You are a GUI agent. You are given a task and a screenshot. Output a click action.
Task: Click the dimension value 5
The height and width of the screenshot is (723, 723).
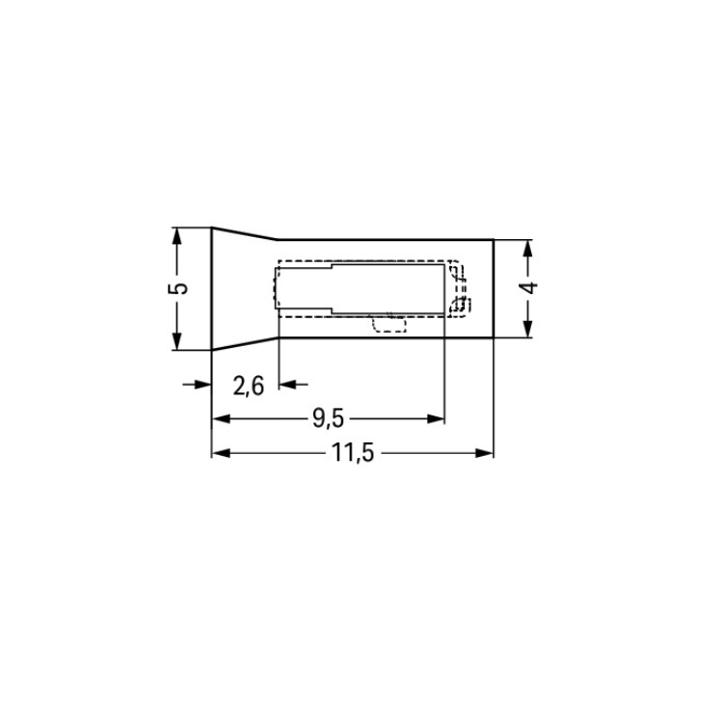coord(178,288)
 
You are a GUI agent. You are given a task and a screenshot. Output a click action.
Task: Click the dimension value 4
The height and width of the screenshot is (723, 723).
coord(528,287)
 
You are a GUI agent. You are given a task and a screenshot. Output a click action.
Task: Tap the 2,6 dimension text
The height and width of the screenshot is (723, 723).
coord(249,387)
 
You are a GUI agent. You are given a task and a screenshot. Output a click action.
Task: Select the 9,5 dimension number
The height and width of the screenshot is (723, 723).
coord(329,418)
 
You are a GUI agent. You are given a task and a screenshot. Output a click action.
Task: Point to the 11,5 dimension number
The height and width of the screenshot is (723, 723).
coord(353,453)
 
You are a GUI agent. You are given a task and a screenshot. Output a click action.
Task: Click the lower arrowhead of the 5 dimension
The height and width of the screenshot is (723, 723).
coord(176,341)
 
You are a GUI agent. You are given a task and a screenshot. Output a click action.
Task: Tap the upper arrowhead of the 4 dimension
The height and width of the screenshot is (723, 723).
coord(528,248)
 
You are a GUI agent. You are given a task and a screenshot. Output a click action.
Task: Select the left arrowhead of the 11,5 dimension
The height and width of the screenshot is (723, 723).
coord(221,453)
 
